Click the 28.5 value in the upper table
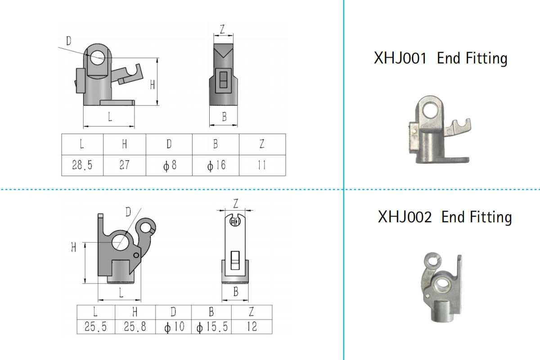click(x=82, y=165)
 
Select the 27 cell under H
click(x=124, y=165)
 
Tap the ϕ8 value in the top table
click(x=169, y=165)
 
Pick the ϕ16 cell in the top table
click(x=216, y=165)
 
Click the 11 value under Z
click(x=262, y=165)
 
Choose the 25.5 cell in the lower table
click(x=96, y=327)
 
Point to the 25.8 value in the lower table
click(x=135, y=327)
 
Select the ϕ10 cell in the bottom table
click(x=174, y=327)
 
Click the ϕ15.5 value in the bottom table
click(x=211, y=327)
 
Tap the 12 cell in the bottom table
click(x=252, y=327)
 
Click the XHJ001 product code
click(x=400, y=58)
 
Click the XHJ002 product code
click(x=404, y=217)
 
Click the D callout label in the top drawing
click(x=68, y=41)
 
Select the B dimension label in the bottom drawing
click(x=235, y=292)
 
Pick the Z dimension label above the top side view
click(x=222, y=29)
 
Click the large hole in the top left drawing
click(x=97, y=57)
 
